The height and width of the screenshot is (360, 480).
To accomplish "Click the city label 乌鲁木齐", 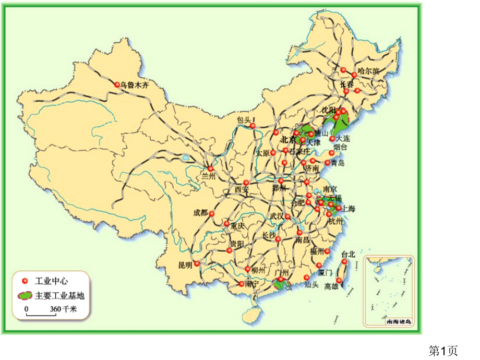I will point(134,85).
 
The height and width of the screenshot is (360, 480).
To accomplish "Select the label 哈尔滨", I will point(369,70).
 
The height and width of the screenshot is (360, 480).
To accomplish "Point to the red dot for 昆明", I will point(197,264).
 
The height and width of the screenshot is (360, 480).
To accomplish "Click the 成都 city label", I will point(200,212).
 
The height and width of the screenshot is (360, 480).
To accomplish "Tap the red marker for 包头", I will point(253,126).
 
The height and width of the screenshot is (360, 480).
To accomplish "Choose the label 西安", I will point(242,189).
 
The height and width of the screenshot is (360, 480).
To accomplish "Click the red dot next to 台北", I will point(344,261).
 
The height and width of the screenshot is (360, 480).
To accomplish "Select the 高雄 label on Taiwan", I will point(331,286).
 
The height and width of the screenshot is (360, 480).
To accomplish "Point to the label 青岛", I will point(338,163).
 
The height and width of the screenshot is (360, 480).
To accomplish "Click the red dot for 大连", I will point(332,139).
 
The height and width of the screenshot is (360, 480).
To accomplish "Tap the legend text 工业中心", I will point(51,281).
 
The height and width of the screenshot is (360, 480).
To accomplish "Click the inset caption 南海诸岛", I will point(398,322).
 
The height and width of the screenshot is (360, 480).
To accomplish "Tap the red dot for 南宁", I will point(241,284).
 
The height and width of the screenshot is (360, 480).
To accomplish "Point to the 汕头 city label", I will point(311,285).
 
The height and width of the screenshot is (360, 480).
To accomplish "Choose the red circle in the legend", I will point(25,281).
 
